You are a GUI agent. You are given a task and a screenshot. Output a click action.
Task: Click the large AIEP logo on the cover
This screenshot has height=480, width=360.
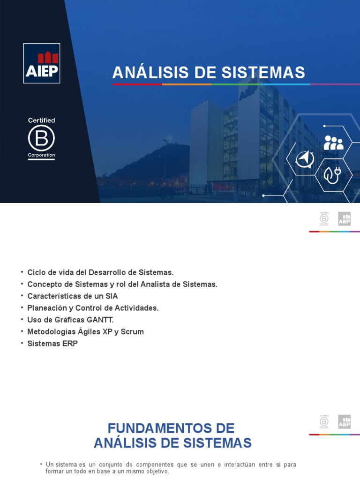click(42, 63)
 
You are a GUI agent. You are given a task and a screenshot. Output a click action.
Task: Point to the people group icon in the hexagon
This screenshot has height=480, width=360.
click(333, 142)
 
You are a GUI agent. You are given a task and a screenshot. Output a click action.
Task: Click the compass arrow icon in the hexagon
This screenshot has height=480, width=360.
click(305, 159)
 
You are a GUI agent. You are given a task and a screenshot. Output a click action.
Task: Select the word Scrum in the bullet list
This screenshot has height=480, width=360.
click(133, 331)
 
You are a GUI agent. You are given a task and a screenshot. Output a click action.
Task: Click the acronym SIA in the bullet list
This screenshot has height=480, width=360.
click(112, 296)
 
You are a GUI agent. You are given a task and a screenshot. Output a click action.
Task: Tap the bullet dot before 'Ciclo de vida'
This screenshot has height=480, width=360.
click(22, 272)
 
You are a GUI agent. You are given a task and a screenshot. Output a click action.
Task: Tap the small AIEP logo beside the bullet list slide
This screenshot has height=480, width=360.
click(345, 219)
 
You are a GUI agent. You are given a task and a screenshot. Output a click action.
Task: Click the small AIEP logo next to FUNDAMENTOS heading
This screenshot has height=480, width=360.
click(345, 421)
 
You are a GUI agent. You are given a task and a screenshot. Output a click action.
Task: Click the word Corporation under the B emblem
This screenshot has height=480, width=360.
click(41, 155)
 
